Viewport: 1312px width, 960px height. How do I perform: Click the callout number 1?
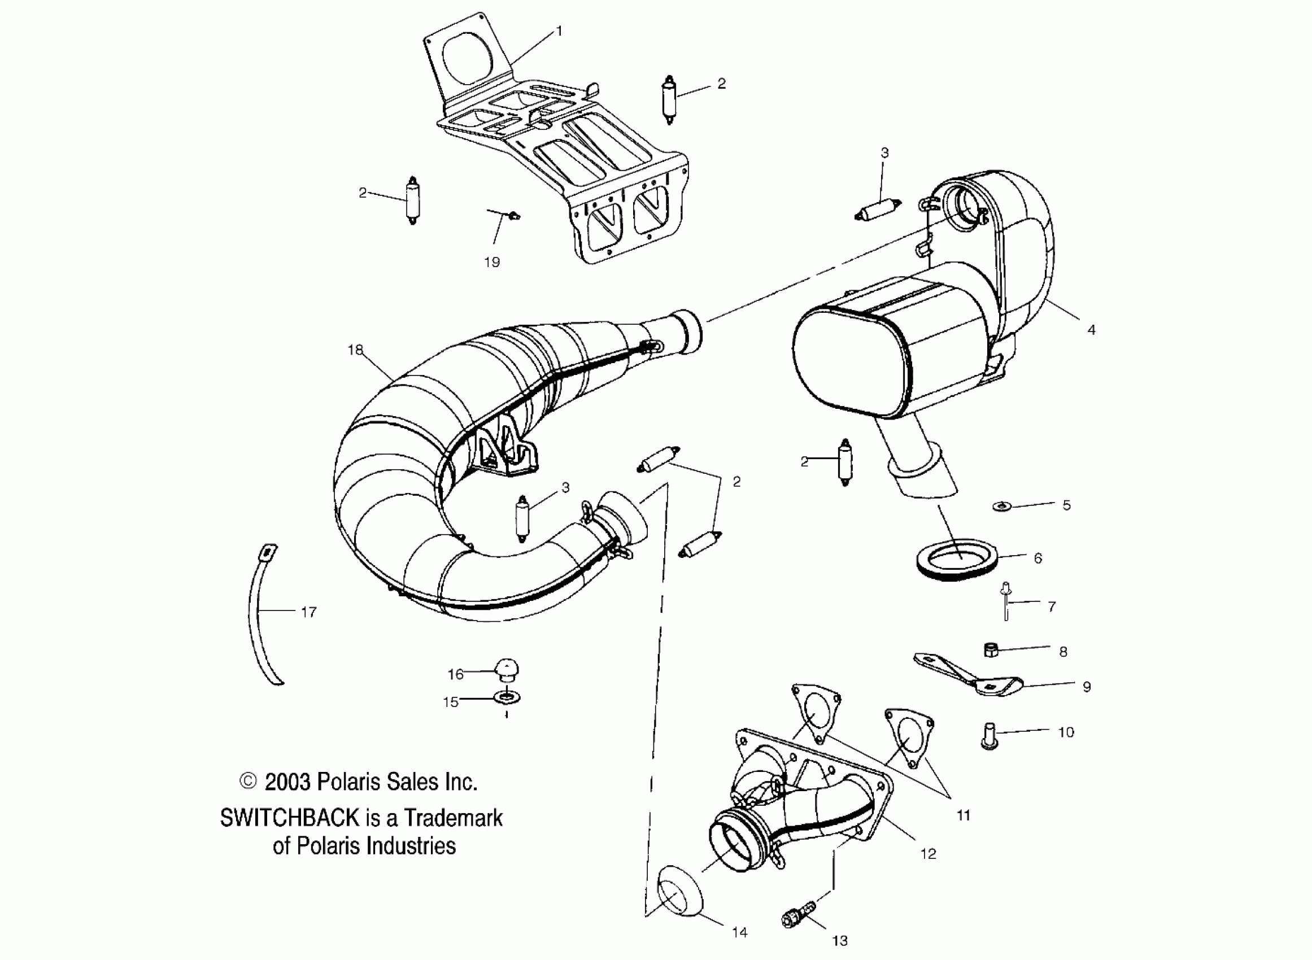click(x=559, y=31)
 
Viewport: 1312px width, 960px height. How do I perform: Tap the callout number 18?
click(x=355, y=350)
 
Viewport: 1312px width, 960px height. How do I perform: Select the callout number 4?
click(x=1091, y=330)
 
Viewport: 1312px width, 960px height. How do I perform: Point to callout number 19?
click(x=491, y=262)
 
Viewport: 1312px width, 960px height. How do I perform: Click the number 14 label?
click(x=739, y=933)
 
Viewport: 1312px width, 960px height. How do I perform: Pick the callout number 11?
click(x=964, y=816)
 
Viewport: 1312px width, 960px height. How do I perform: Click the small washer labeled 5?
click(x=1001, y=506)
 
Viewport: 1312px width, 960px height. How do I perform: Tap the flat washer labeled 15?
click(x=507, y=697)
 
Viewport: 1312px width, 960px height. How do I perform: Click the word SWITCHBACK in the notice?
click(x=289, y=818)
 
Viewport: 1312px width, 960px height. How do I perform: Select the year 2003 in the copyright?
click(x=287, y=782)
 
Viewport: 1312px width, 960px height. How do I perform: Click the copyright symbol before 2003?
click(x=248, y=781)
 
